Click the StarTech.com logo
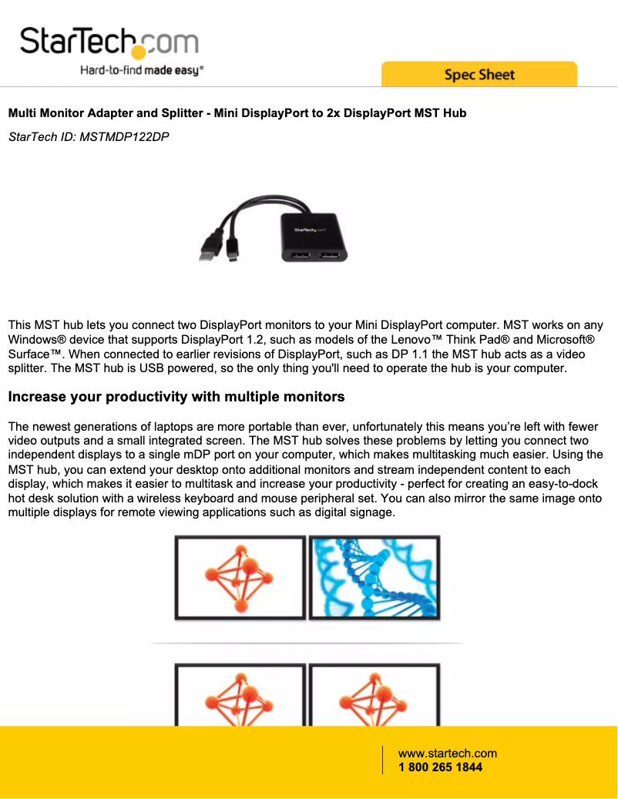(x=109, y=42)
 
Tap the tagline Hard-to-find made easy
(x=142, y=71)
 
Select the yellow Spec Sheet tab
(x=479, y=75)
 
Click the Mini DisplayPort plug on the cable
(x=233, y=252)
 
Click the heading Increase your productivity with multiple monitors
(x=176, y=397)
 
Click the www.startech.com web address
(x=447, y=754)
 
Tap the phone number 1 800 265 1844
(x=440, y=767)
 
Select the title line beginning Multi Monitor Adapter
(x=237, y=113)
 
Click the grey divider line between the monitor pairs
(x=307, y=642)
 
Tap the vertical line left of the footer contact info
(x=382, y=760)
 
